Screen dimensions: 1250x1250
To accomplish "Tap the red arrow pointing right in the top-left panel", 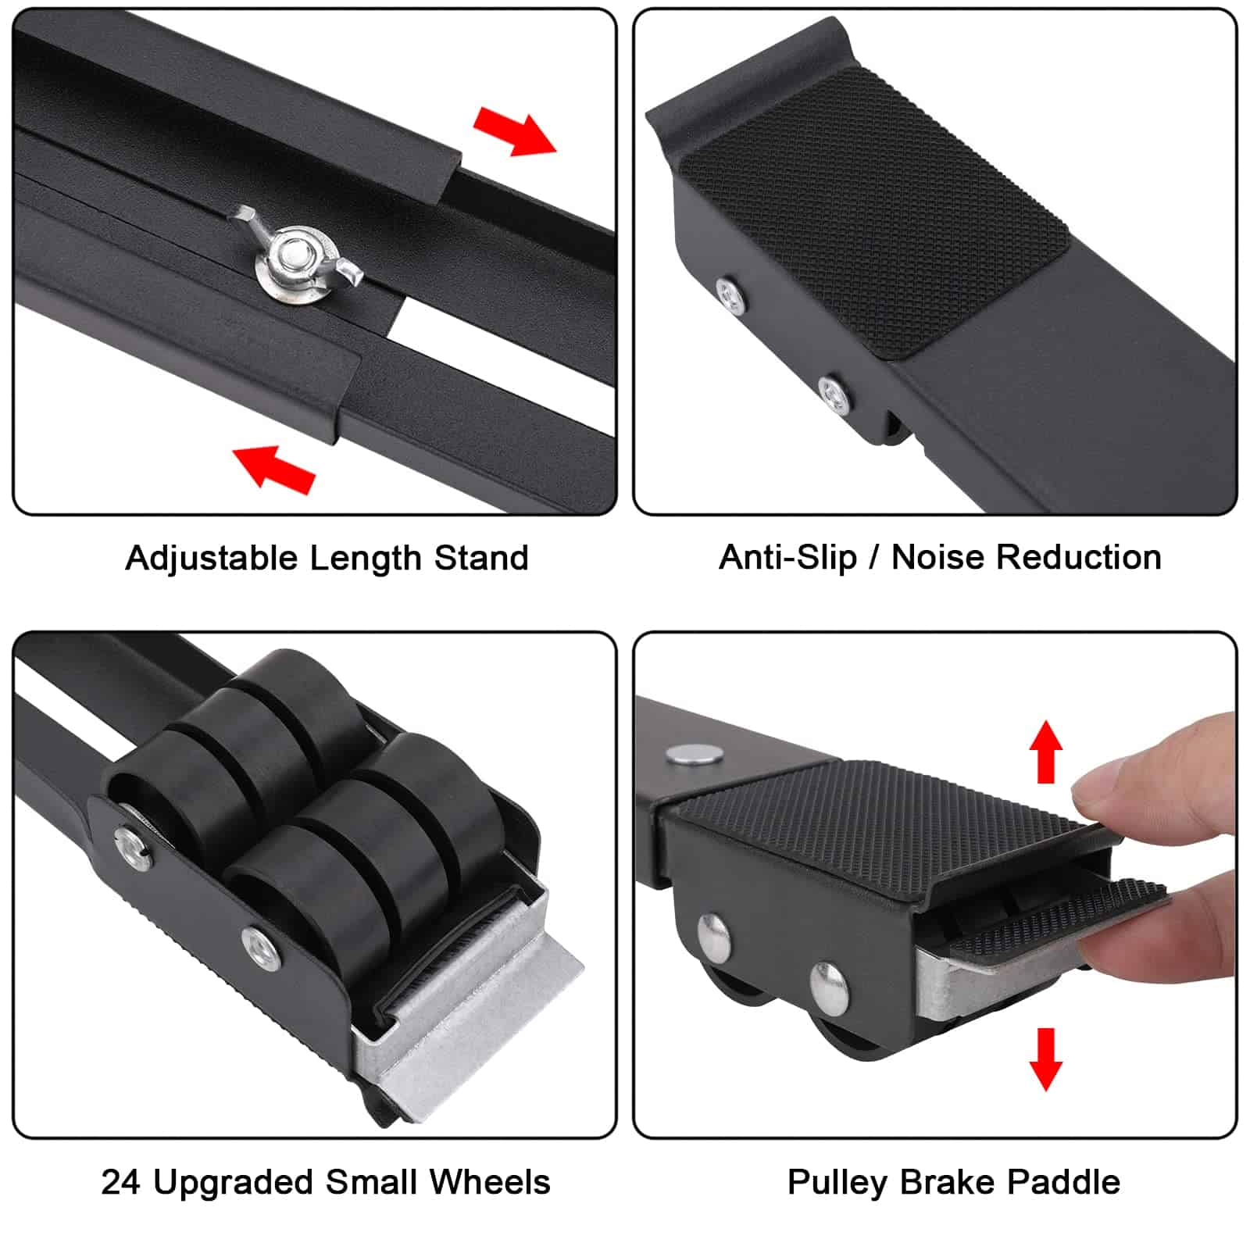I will [515, 131].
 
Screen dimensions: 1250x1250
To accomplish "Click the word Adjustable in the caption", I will [212, 559].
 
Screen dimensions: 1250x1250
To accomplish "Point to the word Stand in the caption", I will [481, 559].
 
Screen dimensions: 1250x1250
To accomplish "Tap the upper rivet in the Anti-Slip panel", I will [730, 295].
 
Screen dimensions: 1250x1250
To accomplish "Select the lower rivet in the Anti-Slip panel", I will [834, 391].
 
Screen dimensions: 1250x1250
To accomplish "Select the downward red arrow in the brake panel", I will [1045, 1058].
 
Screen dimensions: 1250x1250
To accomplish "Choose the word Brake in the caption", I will [947, 1182].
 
